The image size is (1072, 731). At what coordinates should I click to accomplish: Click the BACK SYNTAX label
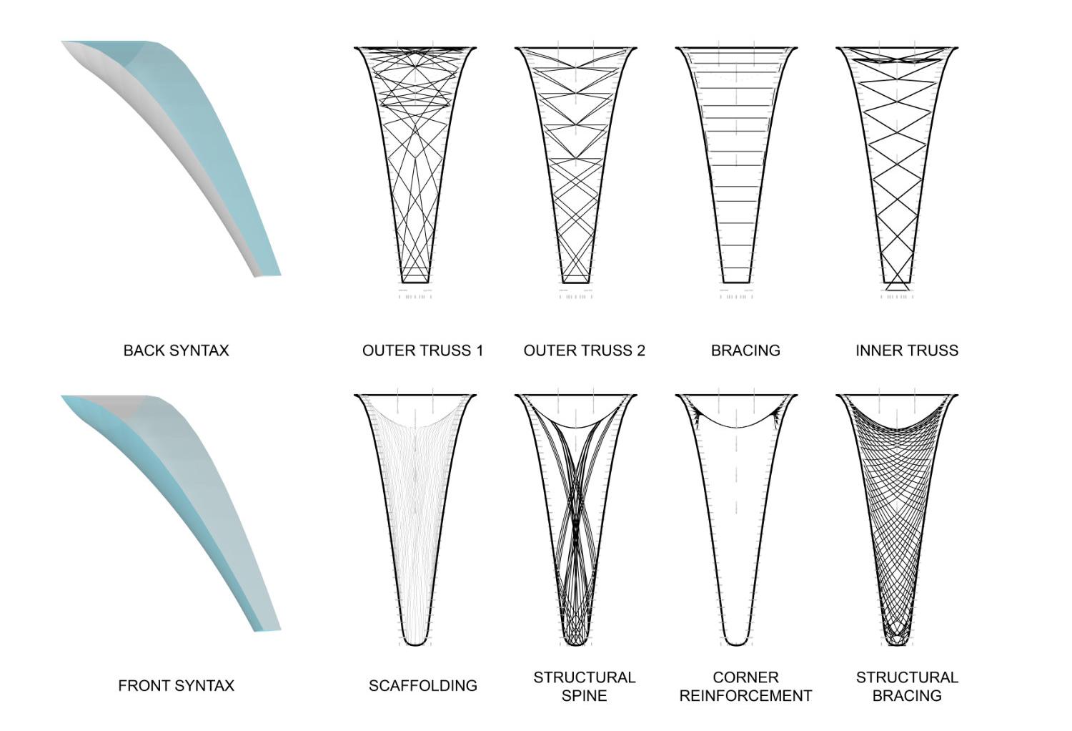pos(176,350)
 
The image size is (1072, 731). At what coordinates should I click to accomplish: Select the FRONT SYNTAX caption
pos(176,685)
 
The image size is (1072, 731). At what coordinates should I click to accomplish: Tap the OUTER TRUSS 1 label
pos(422,350)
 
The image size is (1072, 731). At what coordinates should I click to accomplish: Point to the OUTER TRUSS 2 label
pos(584,350)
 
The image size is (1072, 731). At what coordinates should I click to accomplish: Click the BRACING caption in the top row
pos(745,350)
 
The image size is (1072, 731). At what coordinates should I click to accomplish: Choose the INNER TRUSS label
pos(906,350)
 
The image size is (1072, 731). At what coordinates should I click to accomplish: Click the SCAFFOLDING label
pos(422,685)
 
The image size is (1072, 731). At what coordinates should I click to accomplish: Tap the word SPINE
pos(584,695)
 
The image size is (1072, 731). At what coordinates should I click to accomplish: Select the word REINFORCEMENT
pos(745,695)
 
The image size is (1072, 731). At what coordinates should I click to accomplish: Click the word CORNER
pos(745,677)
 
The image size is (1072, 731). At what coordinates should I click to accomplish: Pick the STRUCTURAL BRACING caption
pos(906,686)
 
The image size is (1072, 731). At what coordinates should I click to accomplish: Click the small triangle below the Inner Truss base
pos(898,286)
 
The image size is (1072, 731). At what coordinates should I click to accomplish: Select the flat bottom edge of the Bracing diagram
pos(737,283)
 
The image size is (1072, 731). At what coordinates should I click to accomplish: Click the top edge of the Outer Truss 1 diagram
pos(415,48)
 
